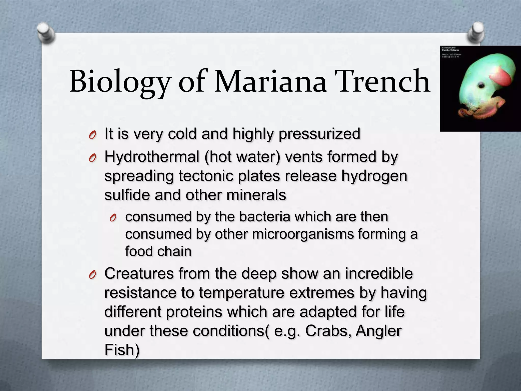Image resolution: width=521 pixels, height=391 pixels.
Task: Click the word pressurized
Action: click(x=320, y=134)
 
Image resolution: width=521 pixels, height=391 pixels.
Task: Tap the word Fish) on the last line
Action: click(x=122, y=350)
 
